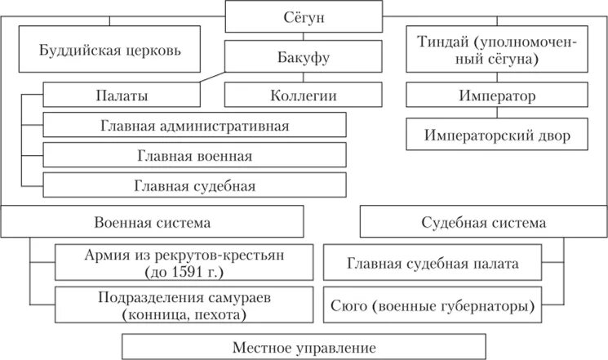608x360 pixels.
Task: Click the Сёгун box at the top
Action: point(303,16)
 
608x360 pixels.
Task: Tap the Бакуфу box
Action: point(303,57)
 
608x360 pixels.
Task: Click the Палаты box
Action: point(122,96)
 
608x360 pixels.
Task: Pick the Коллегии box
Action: point(303,96)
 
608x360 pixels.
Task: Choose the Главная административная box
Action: point(195,126)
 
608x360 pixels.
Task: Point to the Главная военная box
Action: point(195,155)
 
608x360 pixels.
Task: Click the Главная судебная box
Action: point(195,185)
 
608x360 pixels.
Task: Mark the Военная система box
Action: point(153,222)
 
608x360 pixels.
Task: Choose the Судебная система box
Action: point(483,222)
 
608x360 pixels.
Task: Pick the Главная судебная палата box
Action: point(433,264)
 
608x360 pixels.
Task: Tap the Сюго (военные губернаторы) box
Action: point(433,307)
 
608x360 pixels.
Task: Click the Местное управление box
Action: point(303,346)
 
